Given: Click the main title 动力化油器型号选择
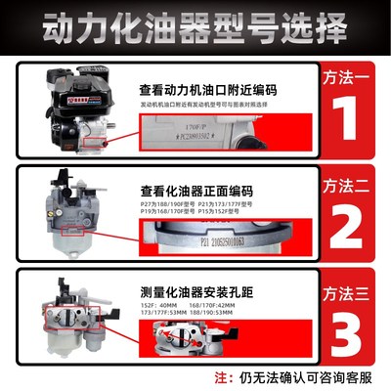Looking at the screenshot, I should click(x=195, y=22).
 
